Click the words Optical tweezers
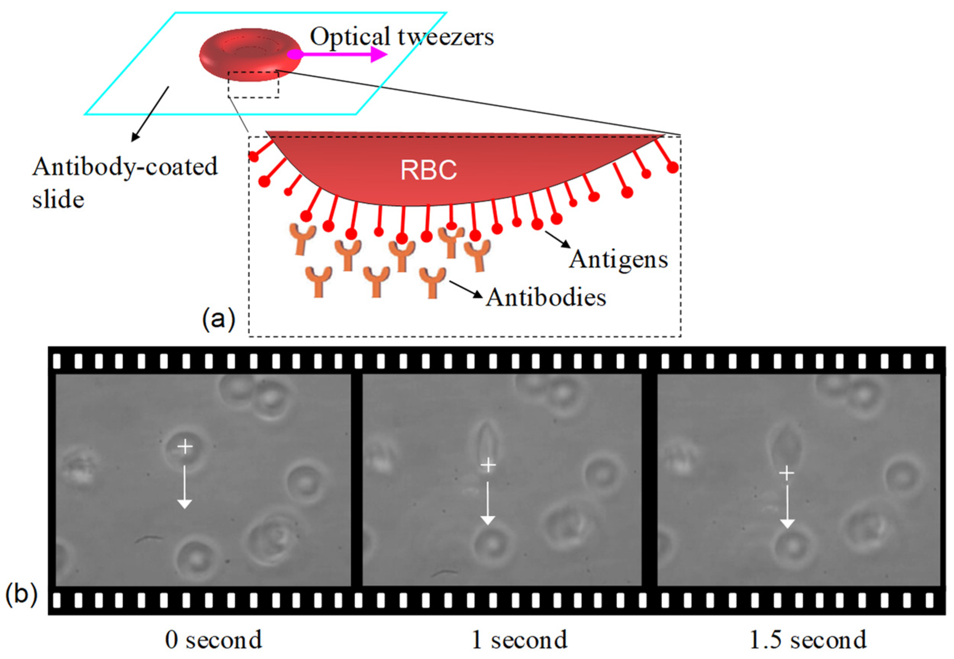(x=401, y=36)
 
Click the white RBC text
(x=428, y=170)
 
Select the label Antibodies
(x=545, y=297)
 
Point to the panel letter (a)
(x=218, y=320)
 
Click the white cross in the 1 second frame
(x=488, y=465)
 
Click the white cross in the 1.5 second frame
(x=786, y=473)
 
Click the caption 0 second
(x=213, y=640)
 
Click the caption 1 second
(x=519, y=640)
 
